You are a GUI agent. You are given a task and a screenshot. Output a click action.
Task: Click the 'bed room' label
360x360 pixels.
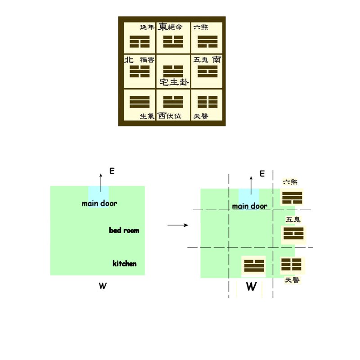pyautogui.click(x=124, y=230)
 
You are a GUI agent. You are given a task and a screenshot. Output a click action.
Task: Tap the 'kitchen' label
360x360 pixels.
pyautogui.click(x=125, y=263)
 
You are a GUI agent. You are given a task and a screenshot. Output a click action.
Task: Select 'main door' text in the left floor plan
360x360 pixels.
pyautogui.click(x=99, y=203)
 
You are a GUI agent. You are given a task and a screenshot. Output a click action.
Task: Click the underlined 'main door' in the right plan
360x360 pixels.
pyautogui.click(x=250, y=206)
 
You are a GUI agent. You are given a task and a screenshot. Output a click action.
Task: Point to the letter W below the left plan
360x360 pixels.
pyautogui.click(x=103, y=286)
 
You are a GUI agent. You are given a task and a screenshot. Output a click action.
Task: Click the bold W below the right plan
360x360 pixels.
pyautogui.click(x=252, y=287)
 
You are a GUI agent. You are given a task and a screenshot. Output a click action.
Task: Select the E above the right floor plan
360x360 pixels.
pyautogui.click(x=262, y=173)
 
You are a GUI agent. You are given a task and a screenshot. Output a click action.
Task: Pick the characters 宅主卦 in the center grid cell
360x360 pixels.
pyautogui.click(x=174, y=82)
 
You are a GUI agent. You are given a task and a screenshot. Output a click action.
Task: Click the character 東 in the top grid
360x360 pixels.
pyautogui.click(x=162, y=27)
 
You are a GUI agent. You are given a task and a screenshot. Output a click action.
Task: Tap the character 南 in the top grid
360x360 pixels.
pyautogui.click(x=216, y=59)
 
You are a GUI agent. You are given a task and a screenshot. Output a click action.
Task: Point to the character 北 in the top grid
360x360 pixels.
pyautogui.click(x=129, y=59)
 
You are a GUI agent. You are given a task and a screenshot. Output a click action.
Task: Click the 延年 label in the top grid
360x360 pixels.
pyautogui.click(x=147, y=27)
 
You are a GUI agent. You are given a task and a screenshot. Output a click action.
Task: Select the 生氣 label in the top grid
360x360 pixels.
pyautogui.click(x=147, y=116)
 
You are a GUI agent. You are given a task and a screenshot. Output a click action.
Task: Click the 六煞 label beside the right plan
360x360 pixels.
pyautogui.click(x=290, y=182)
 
